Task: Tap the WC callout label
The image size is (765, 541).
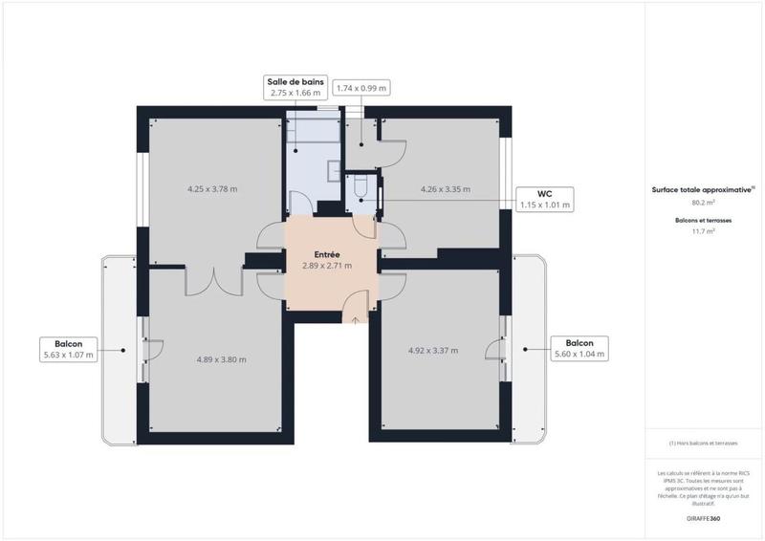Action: coord(544,198)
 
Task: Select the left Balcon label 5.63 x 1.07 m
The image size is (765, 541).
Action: coord(68,350)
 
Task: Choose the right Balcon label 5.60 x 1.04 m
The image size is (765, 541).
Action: coord(579,349)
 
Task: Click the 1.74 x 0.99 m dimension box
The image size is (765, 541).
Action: coord(361,88)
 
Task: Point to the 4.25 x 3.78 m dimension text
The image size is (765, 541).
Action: coord(212,189)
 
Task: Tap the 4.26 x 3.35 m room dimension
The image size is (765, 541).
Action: coord(439,189)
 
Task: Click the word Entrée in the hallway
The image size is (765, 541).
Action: coord(328,254)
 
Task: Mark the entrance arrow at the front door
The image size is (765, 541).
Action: coord(356,320)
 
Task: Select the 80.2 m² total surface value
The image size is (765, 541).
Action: coord(704,203)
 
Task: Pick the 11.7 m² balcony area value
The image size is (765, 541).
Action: coord(704,231)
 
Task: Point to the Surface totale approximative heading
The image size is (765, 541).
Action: coord(703,190)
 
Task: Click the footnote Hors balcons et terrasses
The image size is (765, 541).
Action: coord(704,444)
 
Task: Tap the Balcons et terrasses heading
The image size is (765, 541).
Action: coord(704,220)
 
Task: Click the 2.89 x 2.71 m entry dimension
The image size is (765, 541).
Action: coord(328,266)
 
